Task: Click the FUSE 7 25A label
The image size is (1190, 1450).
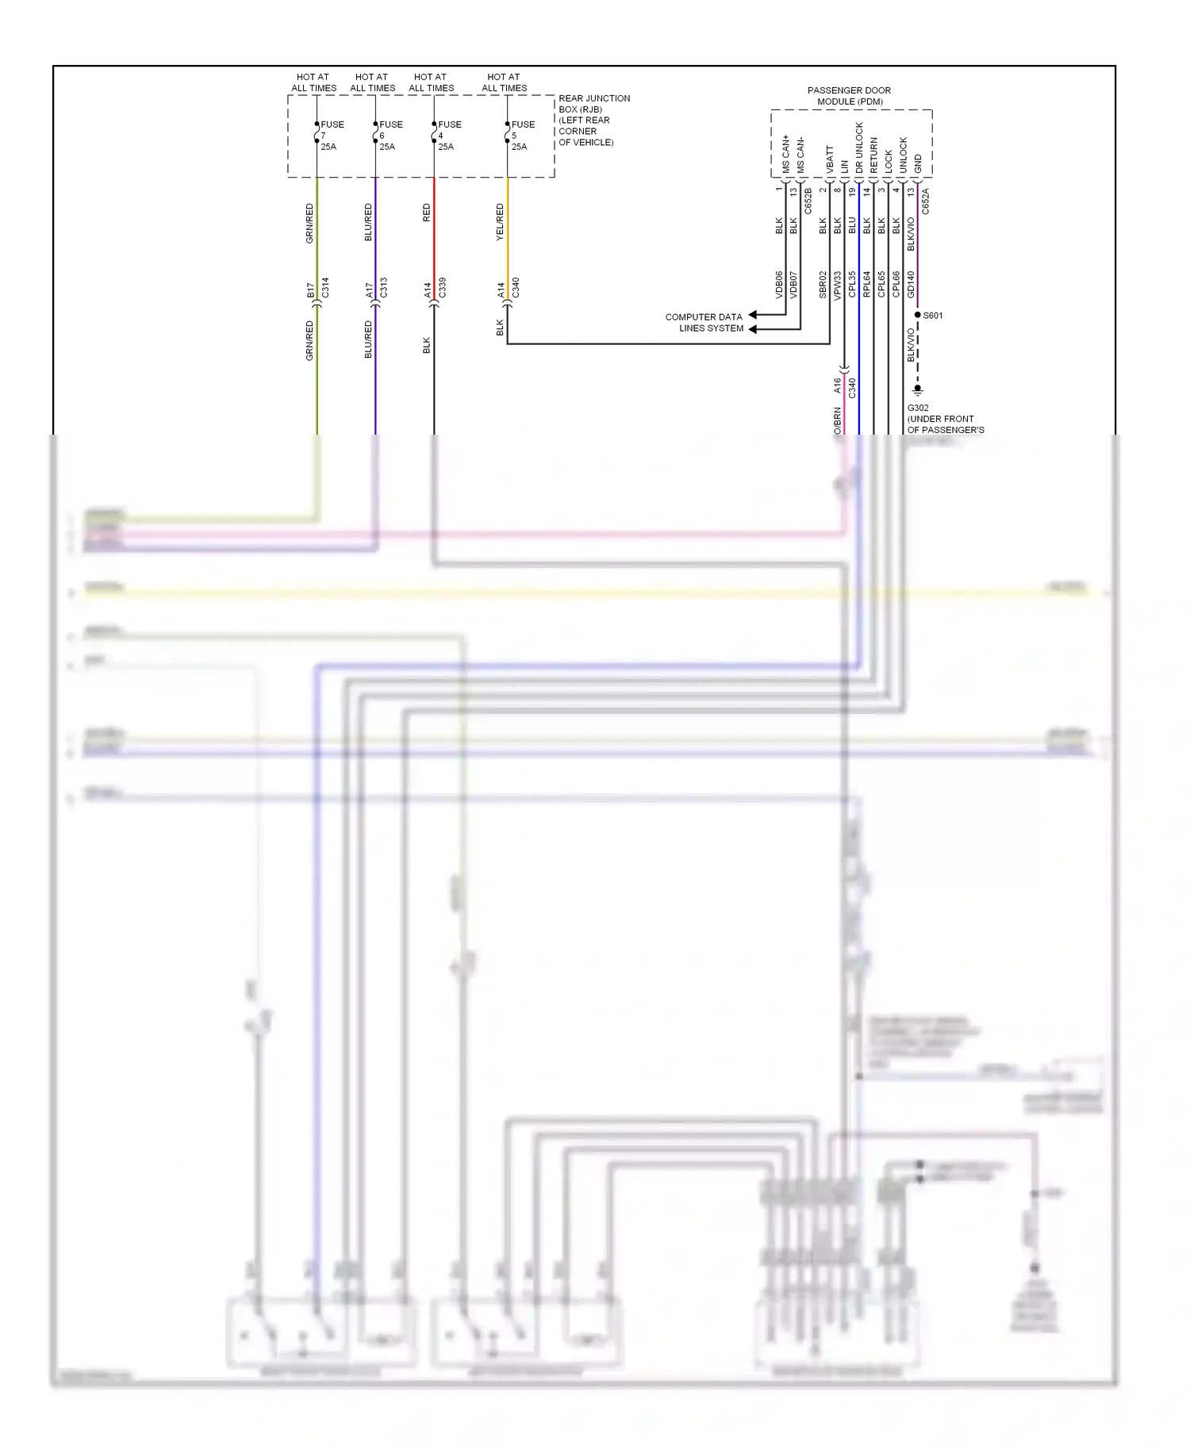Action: (331, 135)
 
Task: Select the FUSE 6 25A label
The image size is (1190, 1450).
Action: (390, 135)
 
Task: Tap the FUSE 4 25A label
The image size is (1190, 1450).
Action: (448, 135)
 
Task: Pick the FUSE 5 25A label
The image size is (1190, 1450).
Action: (522, 135)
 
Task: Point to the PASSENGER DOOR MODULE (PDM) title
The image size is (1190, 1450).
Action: (849, 96)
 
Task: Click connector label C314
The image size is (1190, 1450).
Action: (325, 287)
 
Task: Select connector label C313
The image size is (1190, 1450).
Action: (384, 287)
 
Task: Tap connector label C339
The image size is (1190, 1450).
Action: (443, 287)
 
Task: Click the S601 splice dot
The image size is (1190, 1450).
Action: (918, 315)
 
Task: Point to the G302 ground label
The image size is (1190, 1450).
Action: (918, 408)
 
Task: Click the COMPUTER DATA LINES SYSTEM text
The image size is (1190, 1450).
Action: (704, 322)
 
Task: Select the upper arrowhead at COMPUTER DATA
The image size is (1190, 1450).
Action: (753, 316)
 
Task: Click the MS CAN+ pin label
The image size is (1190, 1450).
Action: (786, 155)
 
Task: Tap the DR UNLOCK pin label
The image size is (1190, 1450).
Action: (859, 148)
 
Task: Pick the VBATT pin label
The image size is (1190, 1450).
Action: (830, 159)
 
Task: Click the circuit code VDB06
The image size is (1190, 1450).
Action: (779, 285)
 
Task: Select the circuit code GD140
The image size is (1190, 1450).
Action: (911, 284)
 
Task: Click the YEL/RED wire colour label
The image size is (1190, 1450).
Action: (500, 222)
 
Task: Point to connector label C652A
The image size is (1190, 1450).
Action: (926, 201)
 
